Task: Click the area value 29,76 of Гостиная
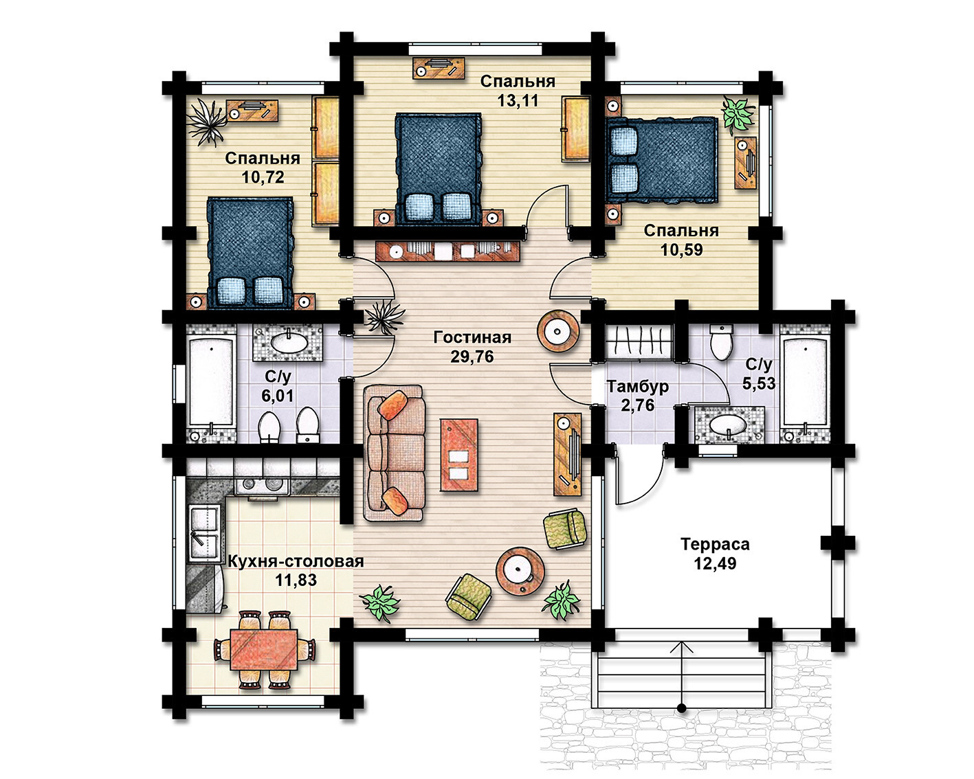point(472,357)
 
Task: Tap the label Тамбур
point(637,387)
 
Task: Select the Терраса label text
point(715,544)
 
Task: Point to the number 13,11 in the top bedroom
point(518,100)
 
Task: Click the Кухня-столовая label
point(296,561)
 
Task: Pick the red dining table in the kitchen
point(263,650)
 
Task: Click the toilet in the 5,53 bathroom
point(722,342)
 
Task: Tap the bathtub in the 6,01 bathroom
point(211,383)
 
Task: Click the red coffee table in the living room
point(459,455)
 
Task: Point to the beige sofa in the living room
point(395,453)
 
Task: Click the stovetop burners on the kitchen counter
point(261,485)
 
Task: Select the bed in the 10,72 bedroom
point(250,253)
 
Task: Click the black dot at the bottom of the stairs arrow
point(682,709)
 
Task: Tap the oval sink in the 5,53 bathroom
point(728,425)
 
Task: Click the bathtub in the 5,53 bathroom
point(805,383)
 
